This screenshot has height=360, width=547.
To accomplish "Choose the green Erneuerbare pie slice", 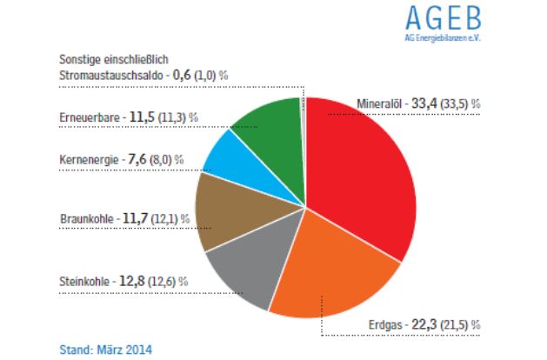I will point(267,130).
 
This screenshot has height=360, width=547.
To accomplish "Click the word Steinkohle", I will point(85,282).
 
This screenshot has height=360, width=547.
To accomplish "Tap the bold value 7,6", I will point(137,160).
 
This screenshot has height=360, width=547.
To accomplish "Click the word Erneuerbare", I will point(89,116).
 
